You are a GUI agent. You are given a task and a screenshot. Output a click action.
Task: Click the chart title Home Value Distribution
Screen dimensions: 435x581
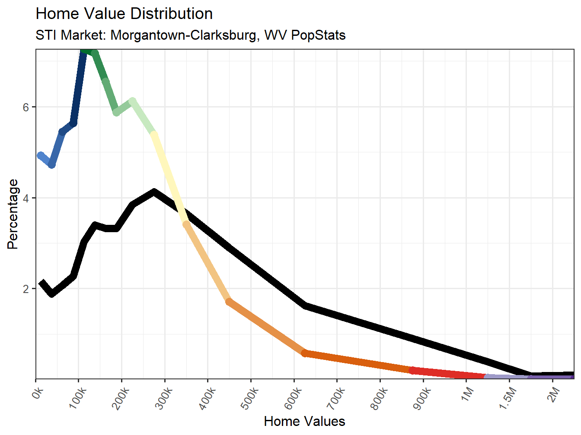click(124, 14)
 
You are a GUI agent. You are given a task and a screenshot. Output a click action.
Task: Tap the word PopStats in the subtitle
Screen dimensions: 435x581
click(318, 35)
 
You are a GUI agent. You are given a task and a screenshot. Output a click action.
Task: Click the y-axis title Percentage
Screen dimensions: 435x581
click(13, 214)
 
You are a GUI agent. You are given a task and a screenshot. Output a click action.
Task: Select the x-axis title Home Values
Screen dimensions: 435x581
click(304, 421)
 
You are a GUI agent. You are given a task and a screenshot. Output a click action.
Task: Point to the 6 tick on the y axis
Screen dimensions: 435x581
click(26, 107)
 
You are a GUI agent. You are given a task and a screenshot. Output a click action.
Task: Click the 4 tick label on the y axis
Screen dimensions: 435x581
click(26, 198)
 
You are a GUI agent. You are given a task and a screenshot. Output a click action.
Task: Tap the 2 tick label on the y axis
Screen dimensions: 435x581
click(26, 289)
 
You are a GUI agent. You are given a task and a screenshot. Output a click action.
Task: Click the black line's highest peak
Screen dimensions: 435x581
click(154, 192)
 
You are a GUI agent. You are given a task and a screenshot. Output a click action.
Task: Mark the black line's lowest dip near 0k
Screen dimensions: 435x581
click(52, 294)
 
